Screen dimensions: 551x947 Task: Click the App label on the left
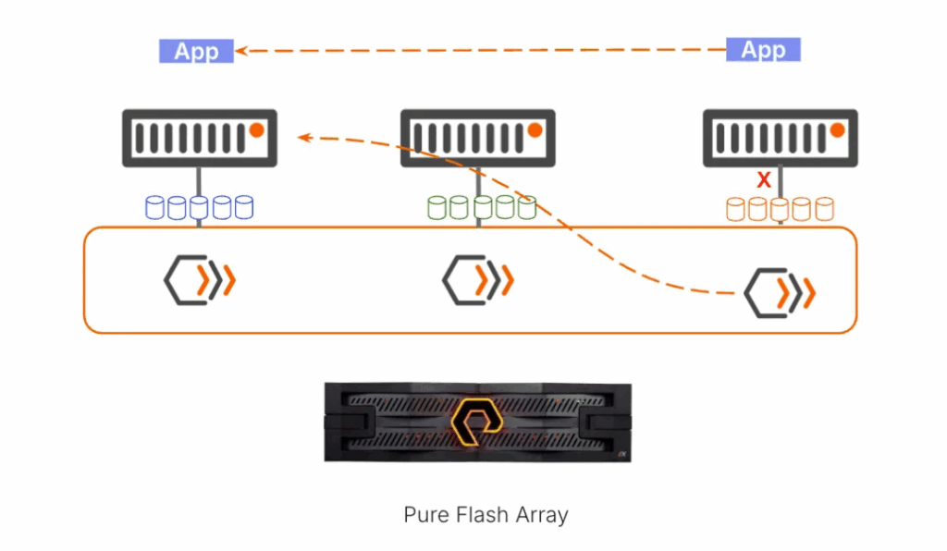tap(196, 51)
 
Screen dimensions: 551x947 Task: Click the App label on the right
tap(763, 50)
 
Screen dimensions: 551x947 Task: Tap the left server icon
tap(201, 138)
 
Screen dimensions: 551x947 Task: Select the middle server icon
tap(477, 138)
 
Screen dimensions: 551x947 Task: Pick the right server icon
tap(780, 138)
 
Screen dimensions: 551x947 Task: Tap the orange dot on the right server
tap(836, 130)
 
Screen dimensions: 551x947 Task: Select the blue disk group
tap(199, 207)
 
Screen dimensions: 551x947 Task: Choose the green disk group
tap(481, 207)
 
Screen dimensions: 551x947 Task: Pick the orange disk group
tap(780, 209)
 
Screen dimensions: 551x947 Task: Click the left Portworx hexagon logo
tap(199, 280)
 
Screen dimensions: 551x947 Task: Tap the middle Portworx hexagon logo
tap(477, 278)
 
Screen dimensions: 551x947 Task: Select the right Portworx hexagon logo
tap(780, 294)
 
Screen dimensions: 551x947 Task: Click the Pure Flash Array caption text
tap(486, 515)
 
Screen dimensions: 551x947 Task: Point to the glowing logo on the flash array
tap(477, 421)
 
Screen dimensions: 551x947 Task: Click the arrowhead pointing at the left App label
tap(240, 51)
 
